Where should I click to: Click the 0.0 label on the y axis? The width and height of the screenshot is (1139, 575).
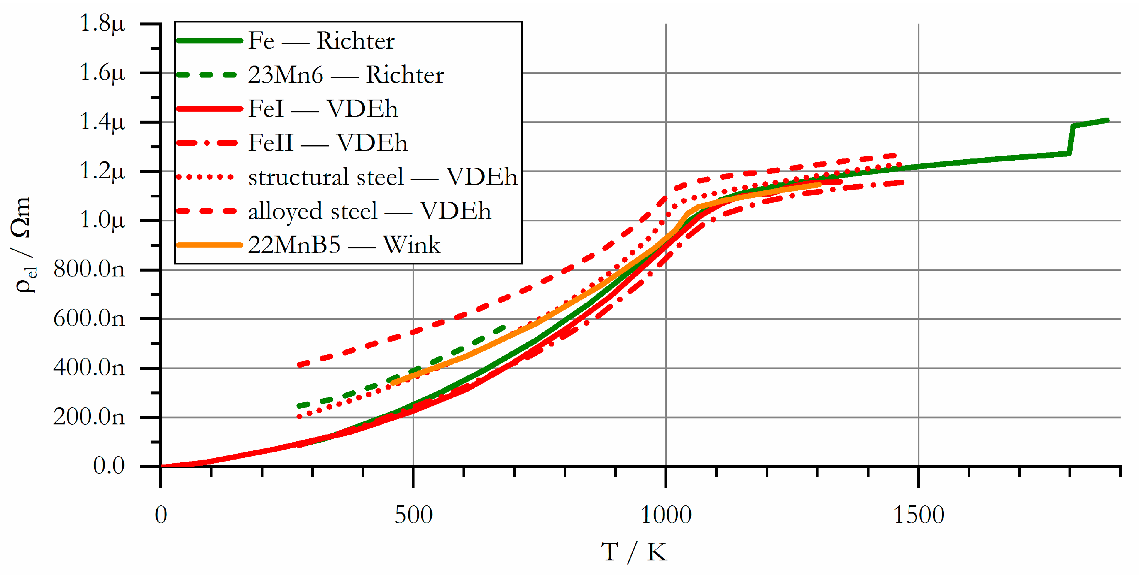pos(109,466)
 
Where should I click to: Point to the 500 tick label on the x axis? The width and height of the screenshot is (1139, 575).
pos(413,515)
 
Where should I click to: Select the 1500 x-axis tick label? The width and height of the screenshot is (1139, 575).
pos(918,515)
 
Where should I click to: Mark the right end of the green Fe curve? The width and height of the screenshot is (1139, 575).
pos(1107,120)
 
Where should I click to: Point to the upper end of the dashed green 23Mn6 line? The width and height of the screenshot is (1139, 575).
pos(504,328)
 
